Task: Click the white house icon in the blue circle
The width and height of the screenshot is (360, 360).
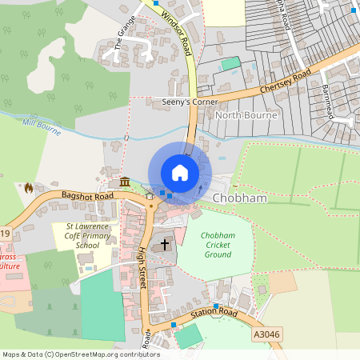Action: click(180, 173)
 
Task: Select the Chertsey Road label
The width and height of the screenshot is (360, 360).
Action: click(284, 85)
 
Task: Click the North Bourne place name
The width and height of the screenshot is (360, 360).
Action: click(246, 115)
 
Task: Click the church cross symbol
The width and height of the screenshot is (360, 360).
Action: click(166, 244)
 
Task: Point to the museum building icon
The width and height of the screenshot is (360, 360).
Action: click(125, 184)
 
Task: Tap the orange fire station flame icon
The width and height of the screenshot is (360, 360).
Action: click(29, 188)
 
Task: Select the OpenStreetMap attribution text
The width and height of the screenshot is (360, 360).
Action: click(81, 354)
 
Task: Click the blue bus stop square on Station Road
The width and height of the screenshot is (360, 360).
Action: click(173, 325)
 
